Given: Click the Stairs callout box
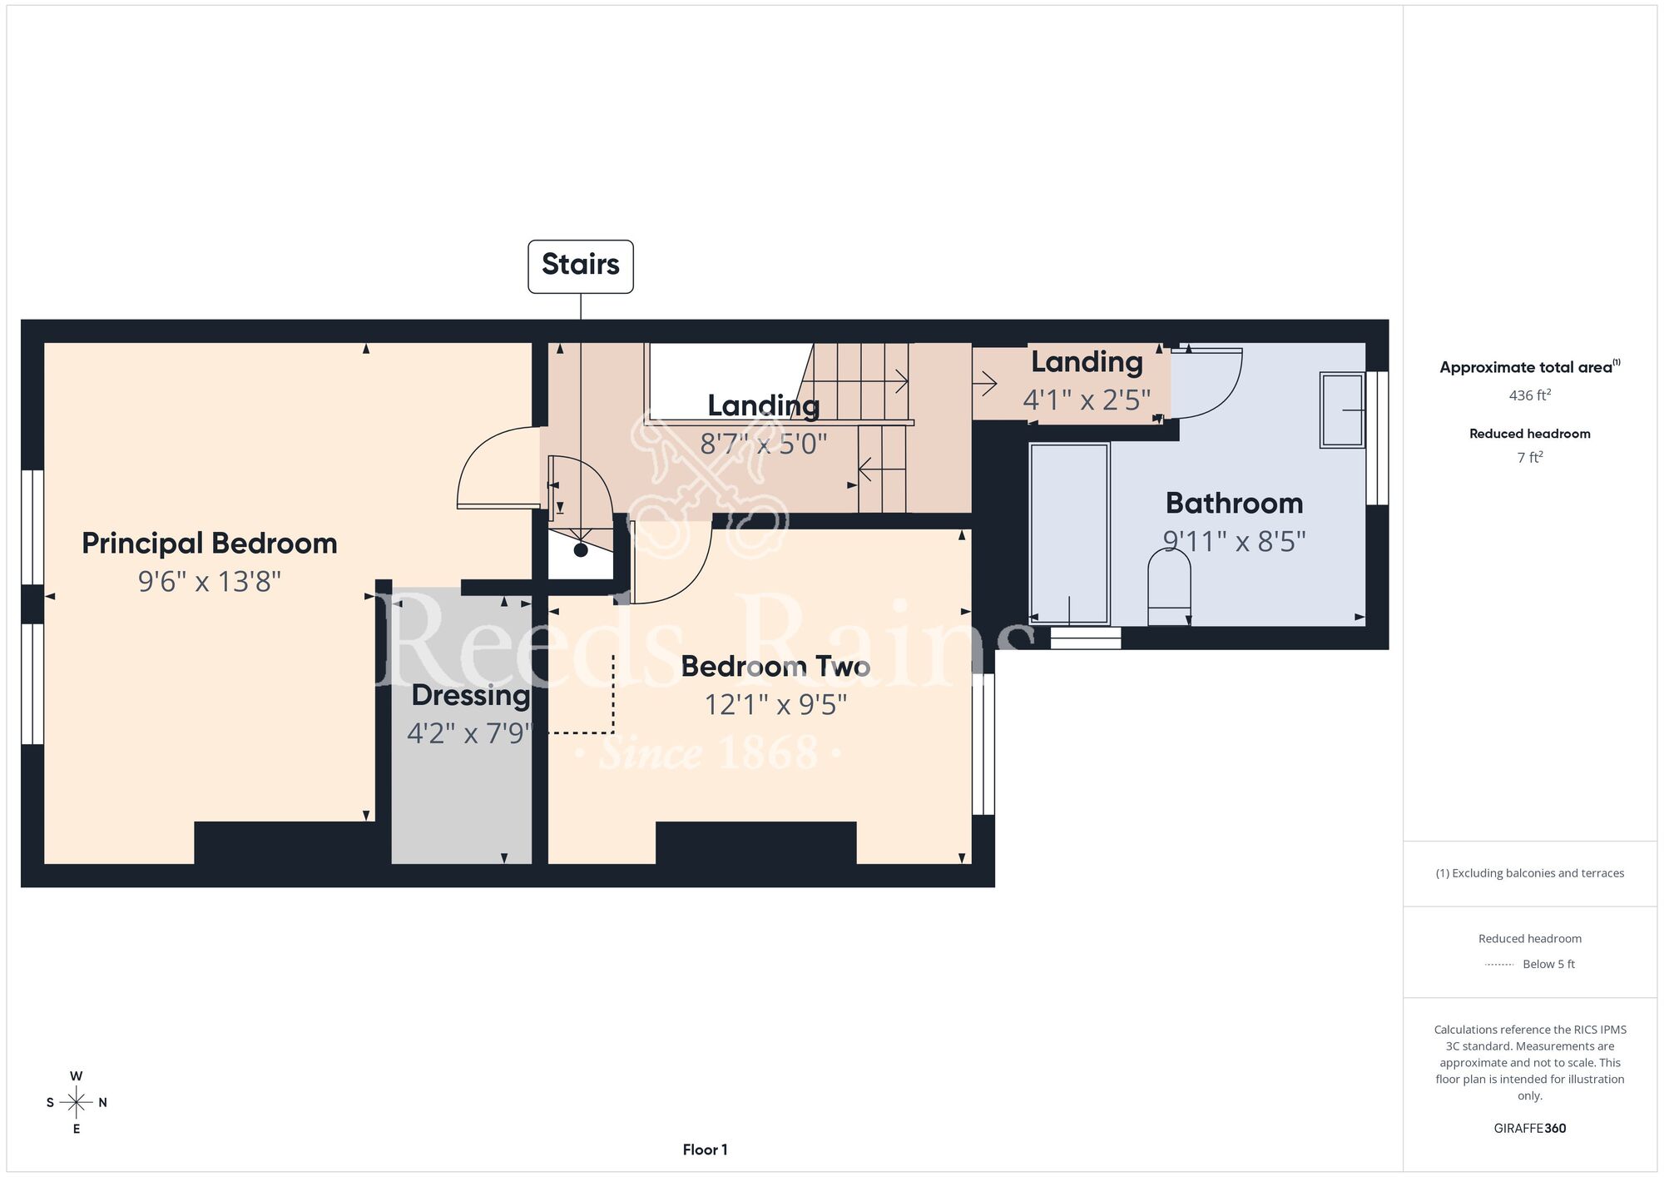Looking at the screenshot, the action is point(581,266).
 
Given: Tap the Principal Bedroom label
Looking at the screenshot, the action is point(210,544).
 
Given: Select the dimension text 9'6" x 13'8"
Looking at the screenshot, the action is point(210,581).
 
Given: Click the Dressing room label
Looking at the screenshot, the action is point(471,695).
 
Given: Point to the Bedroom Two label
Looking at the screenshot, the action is point(775,666).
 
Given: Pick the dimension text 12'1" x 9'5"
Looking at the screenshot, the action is point(775,705).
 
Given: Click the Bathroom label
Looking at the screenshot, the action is point(1234,504).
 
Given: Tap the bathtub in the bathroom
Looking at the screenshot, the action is point(1069,534).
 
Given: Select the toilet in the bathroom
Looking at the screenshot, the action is point(1169,587).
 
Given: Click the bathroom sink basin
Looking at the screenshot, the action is point(1342,410).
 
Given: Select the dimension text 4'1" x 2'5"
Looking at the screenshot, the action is point(1087,400).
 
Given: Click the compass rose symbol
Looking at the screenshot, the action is point(77,1103).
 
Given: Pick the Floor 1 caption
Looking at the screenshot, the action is point(705,1150).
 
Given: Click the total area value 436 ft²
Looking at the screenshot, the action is point(1529,395).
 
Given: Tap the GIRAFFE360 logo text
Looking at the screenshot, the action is point(1529,1129).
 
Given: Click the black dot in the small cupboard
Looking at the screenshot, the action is point(581,550).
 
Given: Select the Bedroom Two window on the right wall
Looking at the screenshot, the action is point(983,744).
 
